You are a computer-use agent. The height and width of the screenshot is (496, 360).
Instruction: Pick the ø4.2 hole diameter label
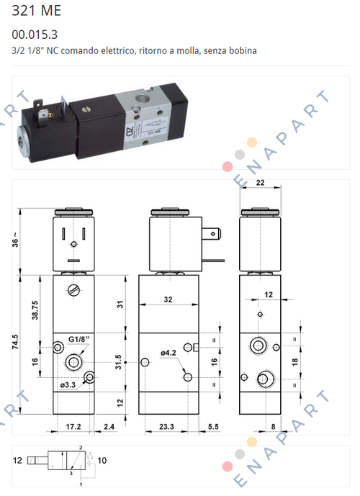coord(169,352)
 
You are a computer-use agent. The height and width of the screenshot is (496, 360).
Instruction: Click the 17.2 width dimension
coord(75,428)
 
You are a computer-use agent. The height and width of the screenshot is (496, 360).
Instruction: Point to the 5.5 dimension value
coord(212,428)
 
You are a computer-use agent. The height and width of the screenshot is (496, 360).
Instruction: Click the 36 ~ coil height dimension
coord(15,241)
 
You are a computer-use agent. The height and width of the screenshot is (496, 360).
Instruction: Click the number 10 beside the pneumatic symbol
coord(103,460)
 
